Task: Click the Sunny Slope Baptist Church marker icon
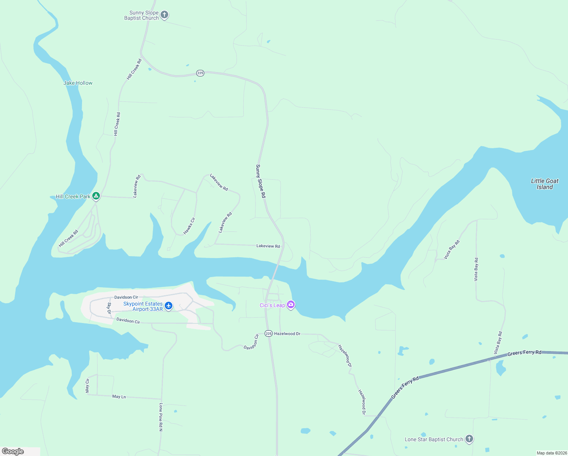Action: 164,15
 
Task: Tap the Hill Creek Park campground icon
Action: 96,196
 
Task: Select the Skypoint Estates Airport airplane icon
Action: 169,306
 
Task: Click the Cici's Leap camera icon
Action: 291,304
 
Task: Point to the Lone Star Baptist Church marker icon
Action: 469,439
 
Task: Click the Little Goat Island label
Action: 544,184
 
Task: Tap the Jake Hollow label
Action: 78,83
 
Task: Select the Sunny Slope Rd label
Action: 260,181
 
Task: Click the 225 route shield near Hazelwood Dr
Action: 269,333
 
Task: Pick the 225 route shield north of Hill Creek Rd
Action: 200,73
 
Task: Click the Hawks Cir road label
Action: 189,226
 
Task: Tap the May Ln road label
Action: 119,396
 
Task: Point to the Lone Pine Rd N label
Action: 161,417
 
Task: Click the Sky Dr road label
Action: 109,308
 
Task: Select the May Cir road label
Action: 87,385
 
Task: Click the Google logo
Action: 13,451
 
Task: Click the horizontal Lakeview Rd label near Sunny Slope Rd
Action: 268,246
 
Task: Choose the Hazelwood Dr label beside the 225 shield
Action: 287,334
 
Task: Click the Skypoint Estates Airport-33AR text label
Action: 143,306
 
